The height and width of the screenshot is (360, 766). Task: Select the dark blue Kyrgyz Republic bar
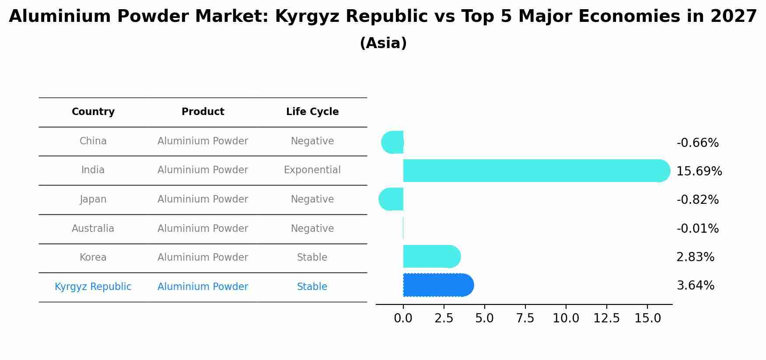click(438, 285)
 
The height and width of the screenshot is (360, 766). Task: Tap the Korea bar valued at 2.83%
click(431, 256)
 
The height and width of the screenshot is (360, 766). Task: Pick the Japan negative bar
click(391, 199)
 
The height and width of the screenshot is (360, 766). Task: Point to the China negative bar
click(392, 142)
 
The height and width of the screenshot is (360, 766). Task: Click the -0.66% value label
click(697, 143)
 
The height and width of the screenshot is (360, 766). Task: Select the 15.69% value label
click(699, 171)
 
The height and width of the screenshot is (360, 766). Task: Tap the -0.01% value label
click(697, 229)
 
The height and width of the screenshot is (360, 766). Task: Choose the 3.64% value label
click(695, 286)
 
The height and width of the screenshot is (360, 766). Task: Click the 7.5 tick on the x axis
click(525, 318)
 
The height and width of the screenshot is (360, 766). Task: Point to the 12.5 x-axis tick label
click(606, 318)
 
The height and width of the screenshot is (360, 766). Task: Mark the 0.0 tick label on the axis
click(403, 318)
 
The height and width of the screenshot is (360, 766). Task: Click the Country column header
click(93, 112)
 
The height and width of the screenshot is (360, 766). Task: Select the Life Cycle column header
click(312, 112)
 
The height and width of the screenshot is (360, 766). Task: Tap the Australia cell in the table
click(93, 228)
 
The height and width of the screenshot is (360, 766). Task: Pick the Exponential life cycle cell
click(312, 170)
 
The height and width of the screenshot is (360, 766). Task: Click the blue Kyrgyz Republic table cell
click(93, 287)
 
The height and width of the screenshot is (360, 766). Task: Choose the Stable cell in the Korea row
click(312, 258)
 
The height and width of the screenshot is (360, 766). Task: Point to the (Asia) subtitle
click(383, 43)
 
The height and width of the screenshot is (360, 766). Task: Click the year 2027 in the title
click(734, 17)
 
